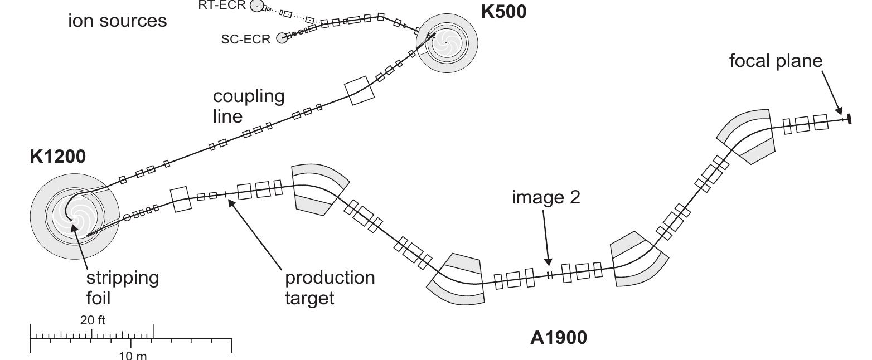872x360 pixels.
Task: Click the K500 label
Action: click(503, 12)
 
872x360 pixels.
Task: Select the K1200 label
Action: click(58, 157)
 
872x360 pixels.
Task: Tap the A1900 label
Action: click(559, 337)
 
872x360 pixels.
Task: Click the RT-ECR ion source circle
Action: click(256, 6)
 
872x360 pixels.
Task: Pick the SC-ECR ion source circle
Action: click(282, 38)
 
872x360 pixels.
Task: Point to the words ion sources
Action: click(117, 21)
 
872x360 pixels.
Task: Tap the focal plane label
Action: click(776, 61)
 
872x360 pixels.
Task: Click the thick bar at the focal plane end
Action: click(849, 118)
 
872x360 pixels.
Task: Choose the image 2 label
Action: click(546, 198)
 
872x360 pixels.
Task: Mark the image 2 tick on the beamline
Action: click(549, 275)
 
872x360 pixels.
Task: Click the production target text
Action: click(330, 287)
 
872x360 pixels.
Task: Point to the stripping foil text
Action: click(122, 287)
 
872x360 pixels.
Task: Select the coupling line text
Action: click(248, 106)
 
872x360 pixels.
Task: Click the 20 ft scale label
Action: click(93, 320)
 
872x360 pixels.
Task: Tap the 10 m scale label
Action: click(133, 355)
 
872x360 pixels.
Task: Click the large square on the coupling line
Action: click(360, 91)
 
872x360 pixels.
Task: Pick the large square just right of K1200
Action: click(180, 200)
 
